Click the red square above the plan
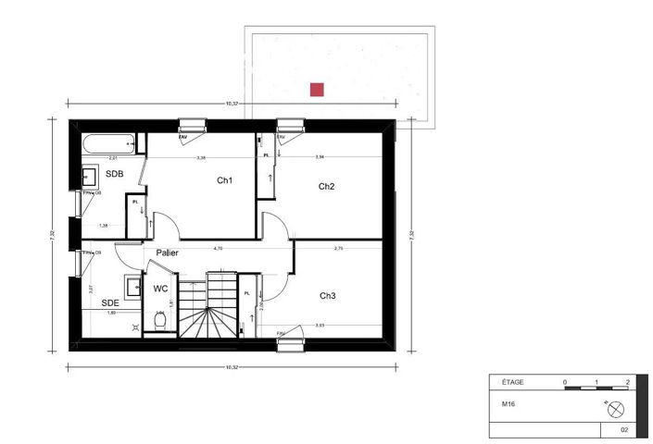click(317, 90)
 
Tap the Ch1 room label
click(224, 180)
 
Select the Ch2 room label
click(326, 187)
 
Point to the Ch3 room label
click(328, 296)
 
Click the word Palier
click(168, 253)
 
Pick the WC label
click(160, 289)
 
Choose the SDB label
click(114, 174)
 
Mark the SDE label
click(110, 302)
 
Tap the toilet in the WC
click(159, 320)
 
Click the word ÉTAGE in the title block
click(512, 381)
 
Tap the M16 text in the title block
click(509, 403)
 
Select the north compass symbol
click(616, 408)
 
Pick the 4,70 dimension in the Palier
click(219, 248)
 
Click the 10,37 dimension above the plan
click(232, 104)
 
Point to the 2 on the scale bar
click(628, 381)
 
